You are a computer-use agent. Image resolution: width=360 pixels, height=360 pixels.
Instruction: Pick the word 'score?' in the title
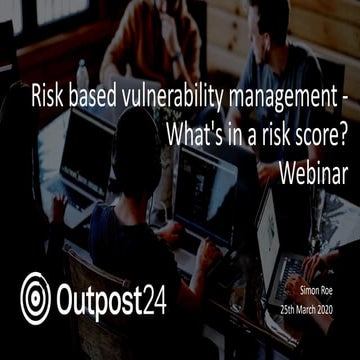coord(319,135)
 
